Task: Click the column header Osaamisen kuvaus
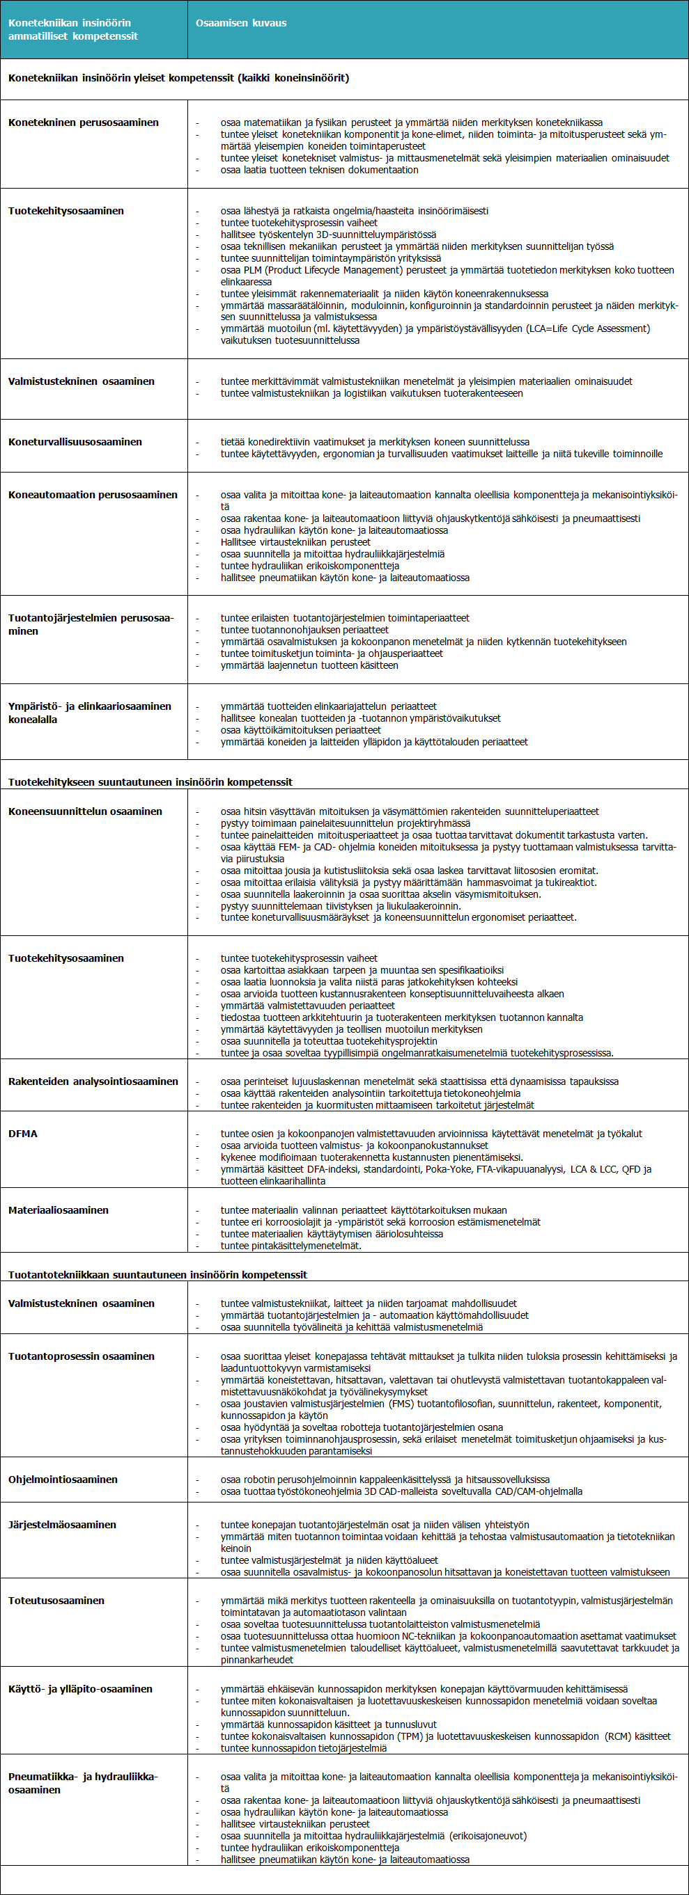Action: [x=241, y=23]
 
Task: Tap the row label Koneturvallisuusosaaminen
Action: [x=75, y=442]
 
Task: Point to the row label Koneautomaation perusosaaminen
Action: [x=93, y=495]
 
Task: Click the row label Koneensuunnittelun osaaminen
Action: [x=86, y=811]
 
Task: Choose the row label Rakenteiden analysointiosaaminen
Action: [x=93, y=1081]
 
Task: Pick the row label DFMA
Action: [x=23, y=1134]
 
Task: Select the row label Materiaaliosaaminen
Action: [x=58, y=1210]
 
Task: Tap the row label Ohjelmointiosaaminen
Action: [x=63, y=1480]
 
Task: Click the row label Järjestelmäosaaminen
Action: [x=62, y=1524]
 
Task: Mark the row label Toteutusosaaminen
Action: [x=56, y=1600]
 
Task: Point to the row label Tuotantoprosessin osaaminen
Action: [x=81, y=1356]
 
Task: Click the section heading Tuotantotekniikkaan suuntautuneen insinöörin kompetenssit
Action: [x=157, y=1274]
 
